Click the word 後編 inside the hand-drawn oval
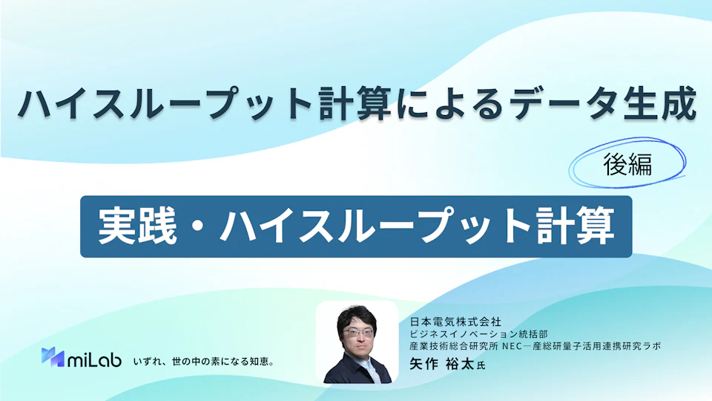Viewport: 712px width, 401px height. point(627,164)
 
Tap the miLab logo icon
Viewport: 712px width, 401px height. point(53,357)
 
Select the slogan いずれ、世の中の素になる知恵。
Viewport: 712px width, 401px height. point(204,362)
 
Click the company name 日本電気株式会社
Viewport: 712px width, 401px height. point(455,322)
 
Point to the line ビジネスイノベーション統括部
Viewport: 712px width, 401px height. point(478,335)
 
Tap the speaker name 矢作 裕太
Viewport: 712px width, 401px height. point(442,364)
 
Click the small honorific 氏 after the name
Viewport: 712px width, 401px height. point(481,365)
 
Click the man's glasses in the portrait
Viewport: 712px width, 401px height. point(358,333)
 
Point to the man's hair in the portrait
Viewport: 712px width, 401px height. point(357,317)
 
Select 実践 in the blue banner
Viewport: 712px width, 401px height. point(137,226)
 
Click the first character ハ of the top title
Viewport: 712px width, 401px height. point(35,105)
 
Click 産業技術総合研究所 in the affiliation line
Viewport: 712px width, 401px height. point(454,347)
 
